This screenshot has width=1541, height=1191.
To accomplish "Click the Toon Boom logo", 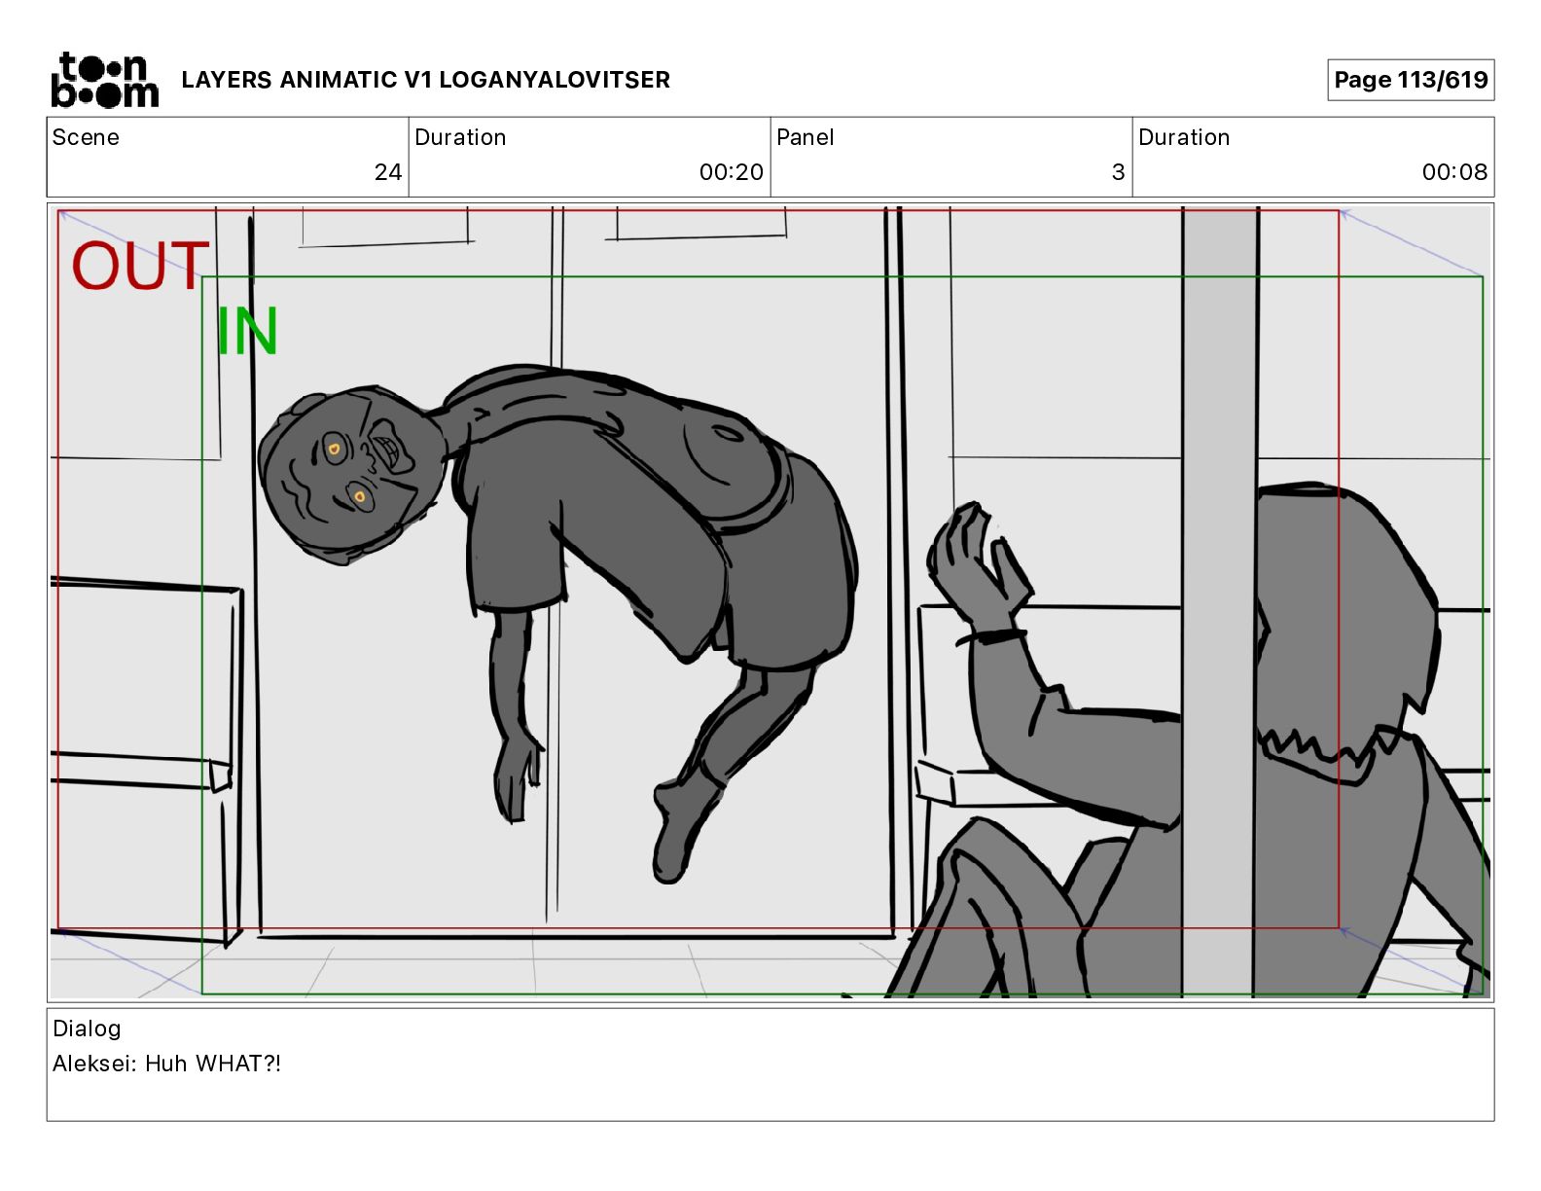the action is click(x=105, y=80).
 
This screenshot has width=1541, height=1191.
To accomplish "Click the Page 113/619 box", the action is click(x=1411, y=80).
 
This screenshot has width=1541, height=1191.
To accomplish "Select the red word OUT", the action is click(x=140, y=266).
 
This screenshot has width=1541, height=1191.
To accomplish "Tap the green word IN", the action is click(x=247, y=331).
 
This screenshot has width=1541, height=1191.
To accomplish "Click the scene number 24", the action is click(x=388, y=171).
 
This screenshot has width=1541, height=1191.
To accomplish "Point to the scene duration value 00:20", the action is click(x=732, y=171).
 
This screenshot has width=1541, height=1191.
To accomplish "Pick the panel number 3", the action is click(x=1119, y=171).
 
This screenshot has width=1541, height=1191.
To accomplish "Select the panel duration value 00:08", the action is click(x=1454, y=171).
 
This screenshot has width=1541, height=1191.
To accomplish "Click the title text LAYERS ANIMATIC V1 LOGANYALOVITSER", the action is click(x=425, y=80).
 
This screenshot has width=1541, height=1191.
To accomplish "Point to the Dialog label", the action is click(x=87, y=1029).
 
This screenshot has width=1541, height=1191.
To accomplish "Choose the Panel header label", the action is click(x=805, y=137).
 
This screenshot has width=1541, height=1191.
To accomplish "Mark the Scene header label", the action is click(x=86, y=137).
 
